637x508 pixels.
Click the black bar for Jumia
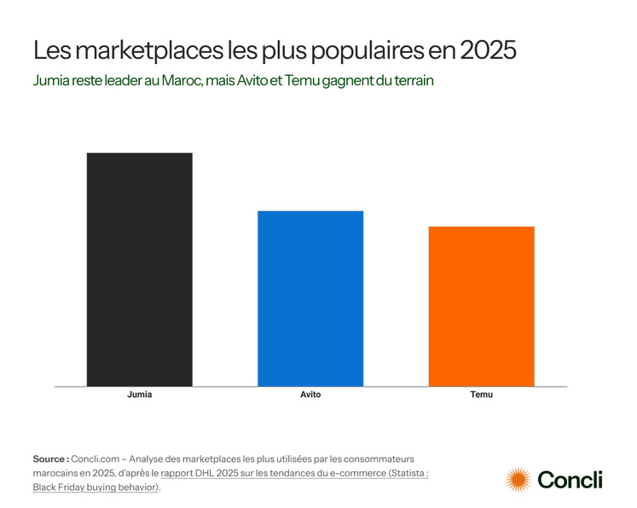click(x=139, y=269)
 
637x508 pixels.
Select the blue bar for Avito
click(x=310, y=298)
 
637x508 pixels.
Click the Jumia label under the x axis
click(x=139, y=395)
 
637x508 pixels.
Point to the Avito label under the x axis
click(x=310, y=395)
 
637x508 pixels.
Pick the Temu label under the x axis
click(x=481, y=395)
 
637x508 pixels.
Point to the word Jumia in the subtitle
click(x=50, y=81)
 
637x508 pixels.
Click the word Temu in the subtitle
click(x=304, y=81)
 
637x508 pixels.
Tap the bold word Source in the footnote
click(x=50, y=458)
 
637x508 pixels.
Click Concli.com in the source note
click(x=96, y=458)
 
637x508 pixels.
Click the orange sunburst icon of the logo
click(x=518, y=480)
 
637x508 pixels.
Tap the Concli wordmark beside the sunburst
click(x=569, y=480)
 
